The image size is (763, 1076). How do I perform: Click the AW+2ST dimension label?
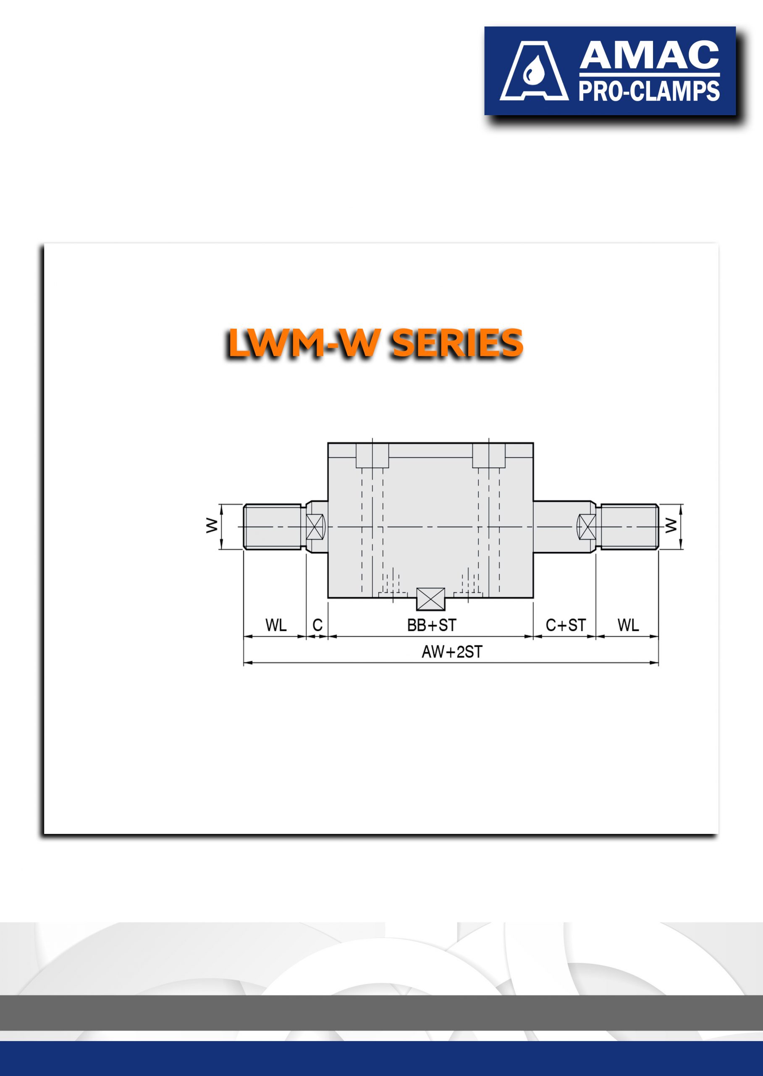pyautogui.click(x=452, y=652)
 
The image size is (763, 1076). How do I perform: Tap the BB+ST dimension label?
pyautogui.click(x=432, y=625)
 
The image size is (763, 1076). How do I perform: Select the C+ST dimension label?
pyautogui.click(x=566, y=625)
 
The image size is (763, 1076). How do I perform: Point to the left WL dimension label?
pyautogui.click(x=276, y=625)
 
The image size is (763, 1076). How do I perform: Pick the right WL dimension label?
pyautogui.click(x=628, y=625)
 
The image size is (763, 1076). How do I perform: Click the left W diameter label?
pyautogui.click(x=212, y=525)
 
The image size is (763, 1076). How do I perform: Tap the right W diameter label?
pyautogui.click(x=671, y=525)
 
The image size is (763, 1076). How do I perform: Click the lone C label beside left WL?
pyautogui.click(x=317, y=625)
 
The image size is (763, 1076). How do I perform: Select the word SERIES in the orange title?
pyautogui.click(x=457, y=343)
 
